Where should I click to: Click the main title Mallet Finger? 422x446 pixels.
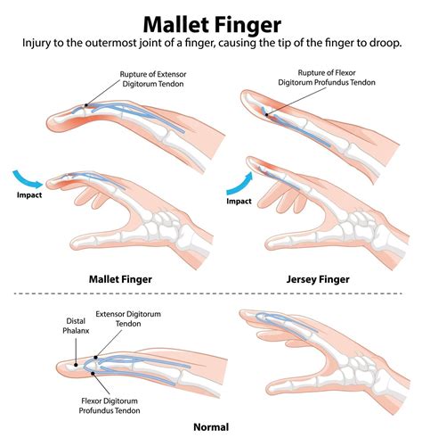[211, 19]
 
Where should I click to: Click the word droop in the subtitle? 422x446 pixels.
[379, 43]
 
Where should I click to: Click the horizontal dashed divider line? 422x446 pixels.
[211, 293]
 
